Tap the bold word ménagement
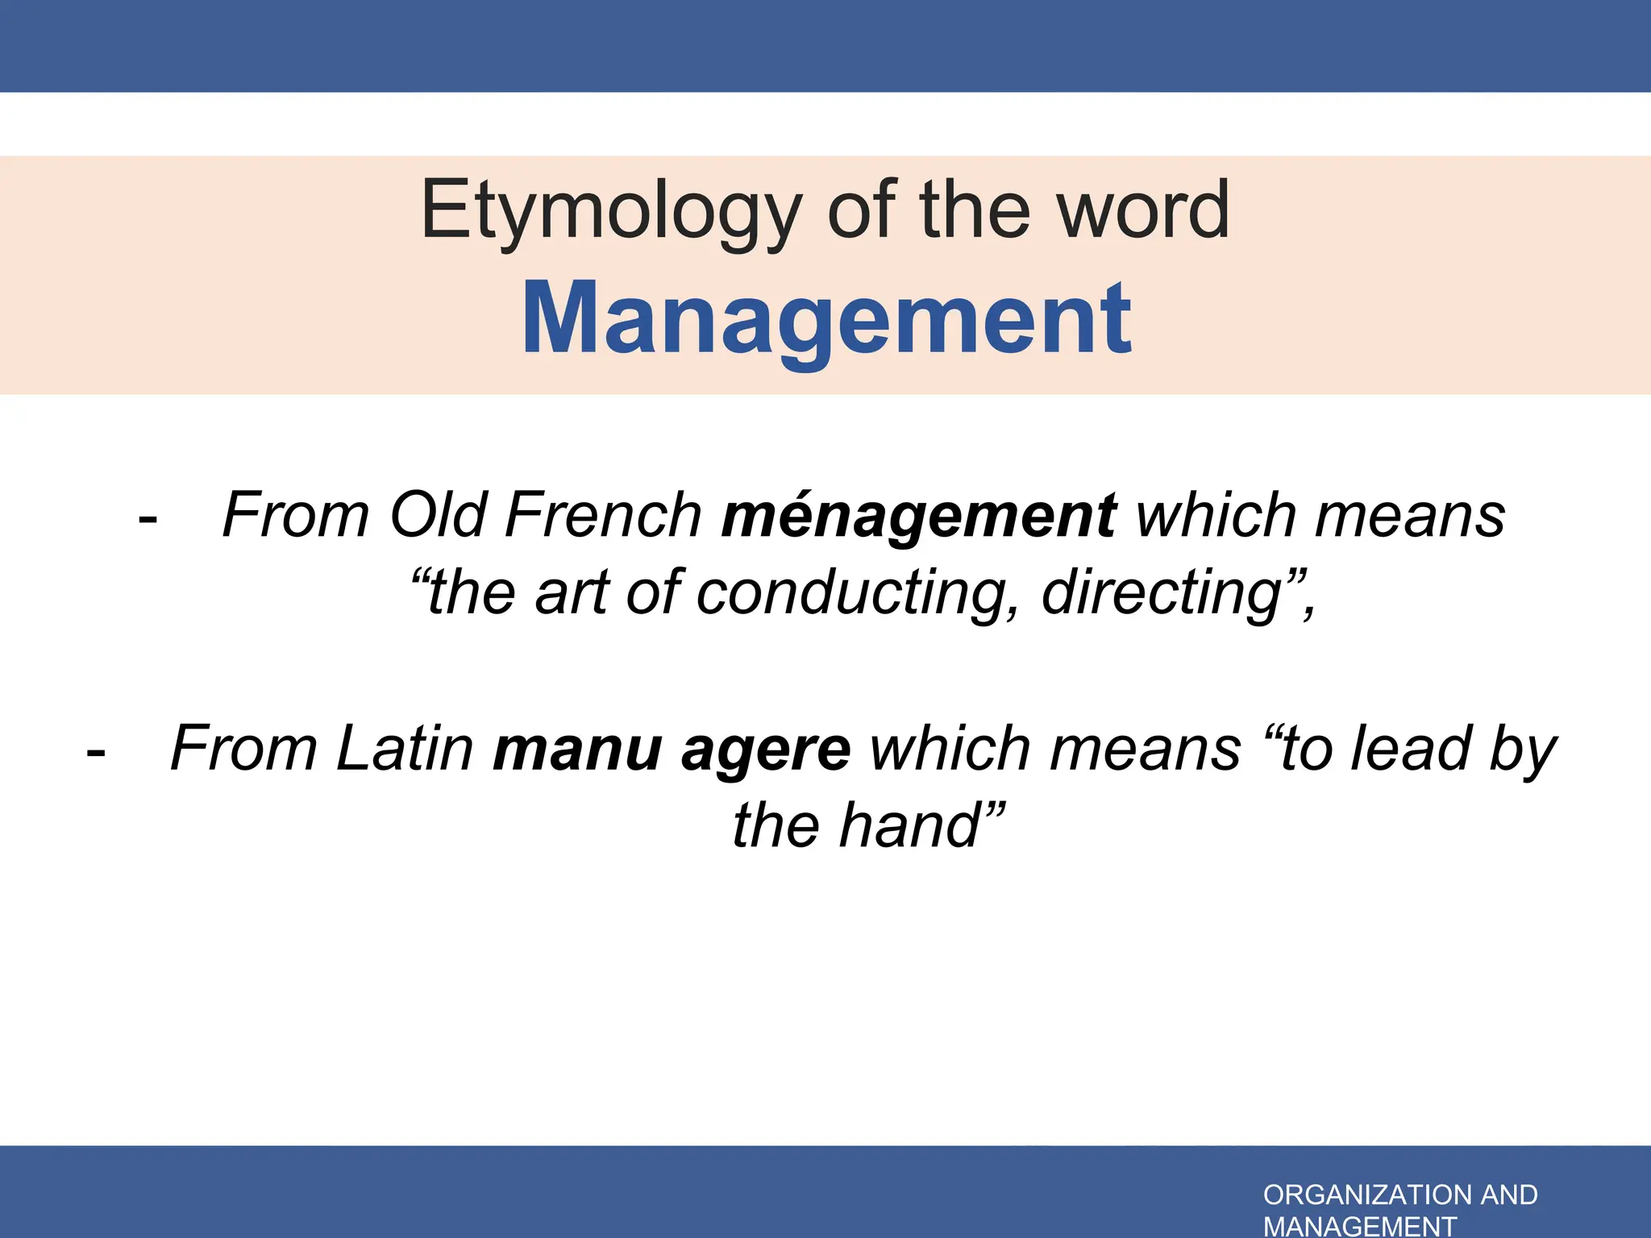919,516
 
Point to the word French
604,515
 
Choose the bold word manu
577,750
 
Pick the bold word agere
766,750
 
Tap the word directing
1161,593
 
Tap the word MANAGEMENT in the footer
1360,1226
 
